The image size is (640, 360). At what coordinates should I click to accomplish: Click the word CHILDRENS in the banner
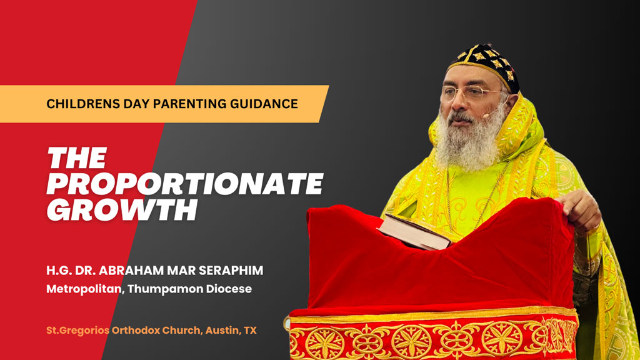(77, 104)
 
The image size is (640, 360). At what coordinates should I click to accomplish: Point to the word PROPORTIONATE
(185, 184)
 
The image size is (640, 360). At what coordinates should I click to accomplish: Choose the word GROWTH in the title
(122, 210)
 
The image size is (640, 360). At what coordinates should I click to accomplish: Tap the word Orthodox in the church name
(136, 330)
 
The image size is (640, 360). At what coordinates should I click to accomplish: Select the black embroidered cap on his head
(485, 65)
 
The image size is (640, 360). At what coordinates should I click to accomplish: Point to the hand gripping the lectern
(579, 210)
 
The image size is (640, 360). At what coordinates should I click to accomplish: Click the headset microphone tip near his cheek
(485, 116)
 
